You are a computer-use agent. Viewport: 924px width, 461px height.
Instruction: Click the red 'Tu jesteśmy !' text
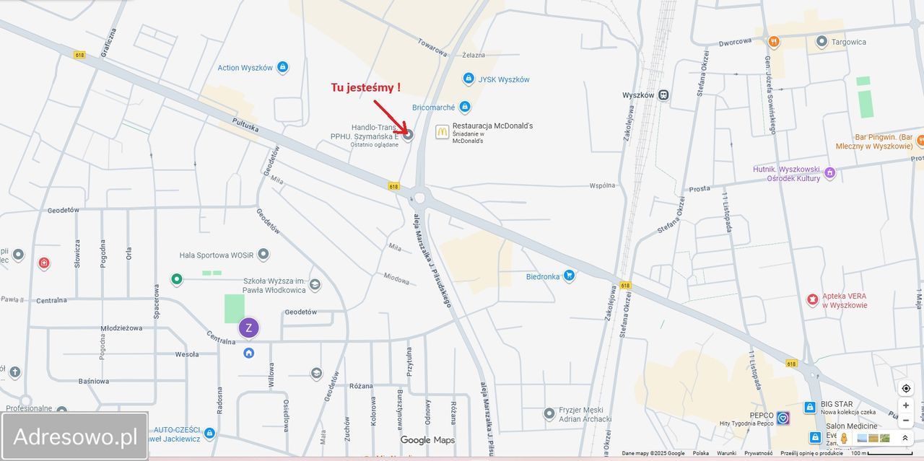coord(365,87)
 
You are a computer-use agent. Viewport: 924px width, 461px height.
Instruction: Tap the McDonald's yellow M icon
coord(442,131)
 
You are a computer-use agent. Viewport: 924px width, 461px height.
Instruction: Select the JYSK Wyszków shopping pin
coord(468,79)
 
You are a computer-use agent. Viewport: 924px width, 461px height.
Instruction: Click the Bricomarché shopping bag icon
coord(465,107)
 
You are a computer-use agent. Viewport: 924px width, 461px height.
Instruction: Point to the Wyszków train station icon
coord(663,95)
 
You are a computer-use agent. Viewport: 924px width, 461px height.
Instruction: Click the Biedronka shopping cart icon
coord(569,276)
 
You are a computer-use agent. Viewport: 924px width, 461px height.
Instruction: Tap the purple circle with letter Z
coord(249,328)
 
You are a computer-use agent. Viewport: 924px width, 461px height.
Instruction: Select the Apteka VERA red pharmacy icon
coord(813,299)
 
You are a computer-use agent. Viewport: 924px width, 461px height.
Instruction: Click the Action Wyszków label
coord(245,68)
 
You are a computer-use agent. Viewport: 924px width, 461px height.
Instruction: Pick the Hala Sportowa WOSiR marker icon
coord(263,255)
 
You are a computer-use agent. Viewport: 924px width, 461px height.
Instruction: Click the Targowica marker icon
coord(821,42)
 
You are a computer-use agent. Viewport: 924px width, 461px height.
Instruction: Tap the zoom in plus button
coord(906,405)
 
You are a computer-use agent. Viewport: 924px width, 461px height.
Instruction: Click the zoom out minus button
coord(906,421)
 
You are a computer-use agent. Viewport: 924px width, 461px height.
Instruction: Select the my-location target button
coord(906,388)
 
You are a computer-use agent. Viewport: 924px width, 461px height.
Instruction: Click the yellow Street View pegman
coord(844,438)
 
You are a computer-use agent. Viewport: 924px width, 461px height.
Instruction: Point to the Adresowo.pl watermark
coord(75,436)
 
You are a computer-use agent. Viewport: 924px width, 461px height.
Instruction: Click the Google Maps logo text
coord(427,440)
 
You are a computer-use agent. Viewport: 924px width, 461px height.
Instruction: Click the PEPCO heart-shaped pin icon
coord(783,418)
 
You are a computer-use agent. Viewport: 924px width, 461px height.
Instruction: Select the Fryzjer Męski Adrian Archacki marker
coord(549,413)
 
